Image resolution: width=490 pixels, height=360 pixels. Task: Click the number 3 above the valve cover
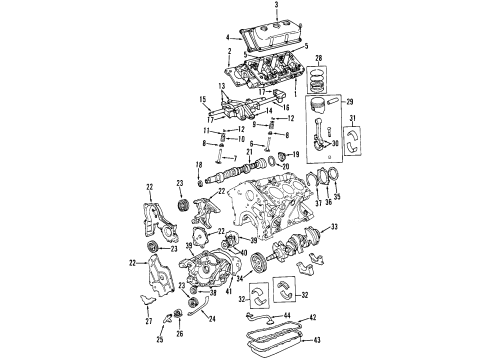[x=262, y=7]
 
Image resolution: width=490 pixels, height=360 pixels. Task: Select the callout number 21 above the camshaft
[x=250, y=150]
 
